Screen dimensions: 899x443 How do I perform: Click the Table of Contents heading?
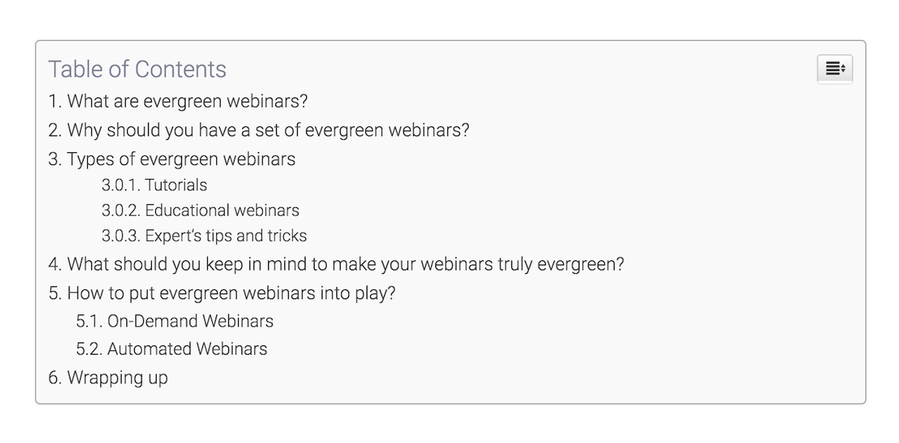(x=137, y=69)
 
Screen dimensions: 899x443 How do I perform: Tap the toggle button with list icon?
(x=835, y=69)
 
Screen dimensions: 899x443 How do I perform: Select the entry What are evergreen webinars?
(x=178, y=101)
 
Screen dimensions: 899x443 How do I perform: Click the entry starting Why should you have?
(x=258, y=130)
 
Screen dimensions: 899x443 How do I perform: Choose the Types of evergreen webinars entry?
(x=172, y=159)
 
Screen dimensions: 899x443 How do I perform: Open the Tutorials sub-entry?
(x=154, y=185)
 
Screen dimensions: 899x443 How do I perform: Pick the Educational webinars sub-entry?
(x=200, y=210)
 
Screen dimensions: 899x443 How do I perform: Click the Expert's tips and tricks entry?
(x=204, y=236)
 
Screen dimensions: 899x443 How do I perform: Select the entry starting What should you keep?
(x=336, y=264)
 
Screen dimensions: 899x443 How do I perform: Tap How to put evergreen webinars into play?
(x=221, y=293)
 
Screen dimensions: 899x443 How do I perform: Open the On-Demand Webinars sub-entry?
(x=175, y=321)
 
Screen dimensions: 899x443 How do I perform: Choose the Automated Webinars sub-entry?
(x=171, y=349)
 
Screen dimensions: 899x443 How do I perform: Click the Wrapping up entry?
(x=108, y=378)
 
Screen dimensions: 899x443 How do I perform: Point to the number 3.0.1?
(x=121, y=185)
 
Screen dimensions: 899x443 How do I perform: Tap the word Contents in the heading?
(x=181, y=69)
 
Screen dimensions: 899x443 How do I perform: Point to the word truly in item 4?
(x=515, y=265)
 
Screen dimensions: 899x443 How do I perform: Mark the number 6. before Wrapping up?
(x=55, y=378)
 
